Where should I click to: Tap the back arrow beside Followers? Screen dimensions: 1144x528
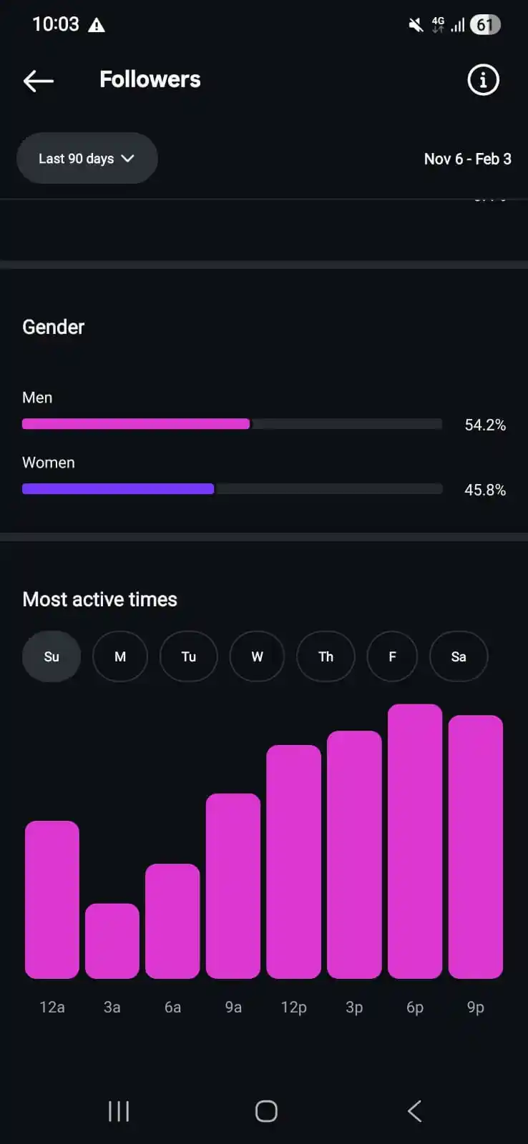click(39, 81)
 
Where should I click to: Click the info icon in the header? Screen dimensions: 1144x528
click(483, 80)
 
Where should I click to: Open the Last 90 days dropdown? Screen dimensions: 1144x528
click(87, 158)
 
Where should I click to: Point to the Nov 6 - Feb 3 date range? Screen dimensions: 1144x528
click(467, 159)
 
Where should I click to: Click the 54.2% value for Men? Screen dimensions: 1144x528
click(485, 425)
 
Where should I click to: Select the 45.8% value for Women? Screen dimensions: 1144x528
click(485, 490)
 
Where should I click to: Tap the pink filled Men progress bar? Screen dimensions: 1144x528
click(136, 424)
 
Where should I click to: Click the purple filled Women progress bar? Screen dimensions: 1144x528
click(118, 489)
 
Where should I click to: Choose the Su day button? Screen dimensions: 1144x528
click(52, 656)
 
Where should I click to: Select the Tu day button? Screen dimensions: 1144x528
click(189, 656)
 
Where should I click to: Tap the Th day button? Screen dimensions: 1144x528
click(326, 656)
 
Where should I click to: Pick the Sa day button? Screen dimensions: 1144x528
click(459, 656)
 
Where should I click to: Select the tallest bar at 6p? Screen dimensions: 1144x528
click(415, 841)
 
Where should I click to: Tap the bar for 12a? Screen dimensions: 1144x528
click(52, 899)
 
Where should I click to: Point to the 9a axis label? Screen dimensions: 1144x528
click(233, 1007)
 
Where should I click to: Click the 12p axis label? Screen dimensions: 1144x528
click(293, 1007)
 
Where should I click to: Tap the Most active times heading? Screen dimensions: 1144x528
click(100, 599)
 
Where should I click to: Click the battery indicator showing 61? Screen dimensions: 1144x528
click(484, 25)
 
